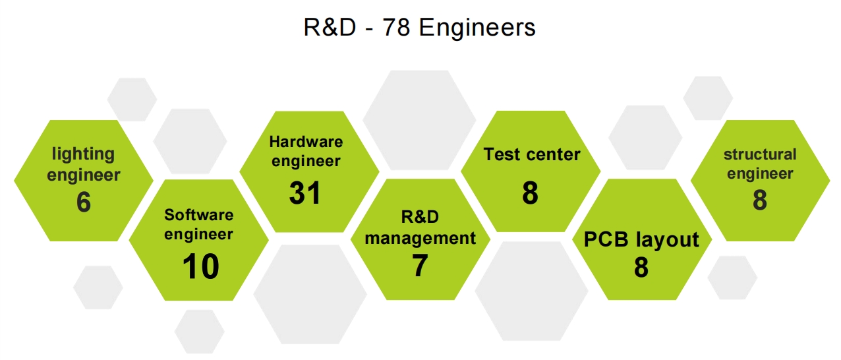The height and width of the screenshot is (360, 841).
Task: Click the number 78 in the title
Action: tap(396, 28)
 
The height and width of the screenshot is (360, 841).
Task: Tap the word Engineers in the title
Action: tap(477, 28)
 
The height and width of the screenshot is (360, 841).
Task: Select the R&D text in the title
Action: tap(330, 28)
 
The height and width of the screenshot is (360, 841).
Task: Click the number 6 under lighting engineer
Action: tap(84, 202)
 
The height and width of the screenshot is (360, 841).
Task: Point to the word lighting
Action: tap(83, 154)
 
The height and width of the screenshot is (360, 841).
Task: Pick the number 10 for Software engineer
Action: tap(200, 266)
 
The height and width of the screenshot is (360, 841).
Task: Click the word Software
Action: tap(199, 215)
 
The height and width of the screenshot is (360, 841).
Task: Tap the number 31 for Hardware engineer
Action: tap(304, 193)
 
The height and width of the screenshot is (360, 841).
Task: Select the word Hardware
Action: tap(306, 142)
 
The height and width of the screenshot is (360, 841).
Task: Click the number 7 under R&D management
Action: tap(420, 265)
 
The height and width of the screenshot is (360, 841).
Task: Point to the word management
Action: tap(420, 238)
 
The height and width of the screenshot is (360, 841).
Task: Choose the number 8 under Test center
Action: tap(530, 193)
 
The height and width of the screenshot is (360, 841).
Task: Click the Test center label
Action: tap(532, 154)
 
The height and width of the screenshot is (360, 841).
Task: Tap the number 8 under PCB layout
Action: tap(641, 267)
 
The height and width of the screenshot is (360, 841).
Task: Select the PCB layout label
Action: tap(641, 240)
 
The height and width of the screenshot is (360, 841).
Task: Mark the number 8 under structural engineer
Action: tap(760, 200)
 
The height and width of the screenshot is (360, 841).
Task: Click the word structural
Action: tap(760, 154)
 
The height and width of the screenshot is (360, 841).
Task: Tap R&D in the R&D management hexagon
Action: tap(420, 217)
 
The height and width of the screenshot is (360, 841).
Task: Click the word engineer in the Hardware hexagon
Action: tap(306, 162)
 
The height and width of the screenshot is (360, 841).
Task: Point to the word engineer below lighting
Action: tap(83, 175)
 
